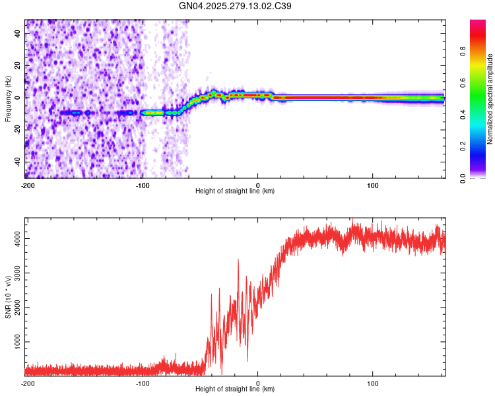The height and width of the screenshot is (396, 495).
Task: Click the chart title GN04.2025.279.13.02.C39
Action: coord(236,6)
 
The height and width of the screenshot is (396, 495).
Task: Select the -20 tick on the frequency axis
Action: coord(18,129)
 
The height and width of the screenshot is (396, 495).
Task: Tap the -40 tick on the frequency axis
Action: coord(18,162)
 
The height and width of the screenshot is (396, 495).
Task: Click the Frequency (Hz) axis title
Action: coord(8,99)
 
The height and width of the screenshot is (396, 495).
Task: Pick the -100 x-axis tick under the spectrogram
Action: coord(143,185)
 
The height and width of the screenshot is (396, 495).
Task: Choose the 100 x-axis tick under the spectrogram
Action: coord(372,185)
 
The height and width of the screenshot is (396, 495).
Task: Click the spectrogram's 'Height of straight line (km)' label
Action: coord(235,191)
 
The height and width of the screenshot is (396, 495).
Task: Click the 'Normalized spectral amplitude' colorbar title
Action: coord(490,99)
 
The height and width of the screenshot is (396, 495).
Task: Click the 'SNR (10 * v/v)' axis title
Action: coord(8,297)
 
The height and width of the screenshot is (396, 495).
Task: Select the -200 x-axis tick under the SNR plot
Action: coord(28,383)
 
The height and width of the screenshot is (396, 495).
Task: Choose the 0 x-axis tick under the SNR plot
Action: coord(257,383)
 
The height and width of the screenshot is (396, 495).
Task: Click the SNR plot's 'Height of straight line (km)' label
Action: coord(235,389)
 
